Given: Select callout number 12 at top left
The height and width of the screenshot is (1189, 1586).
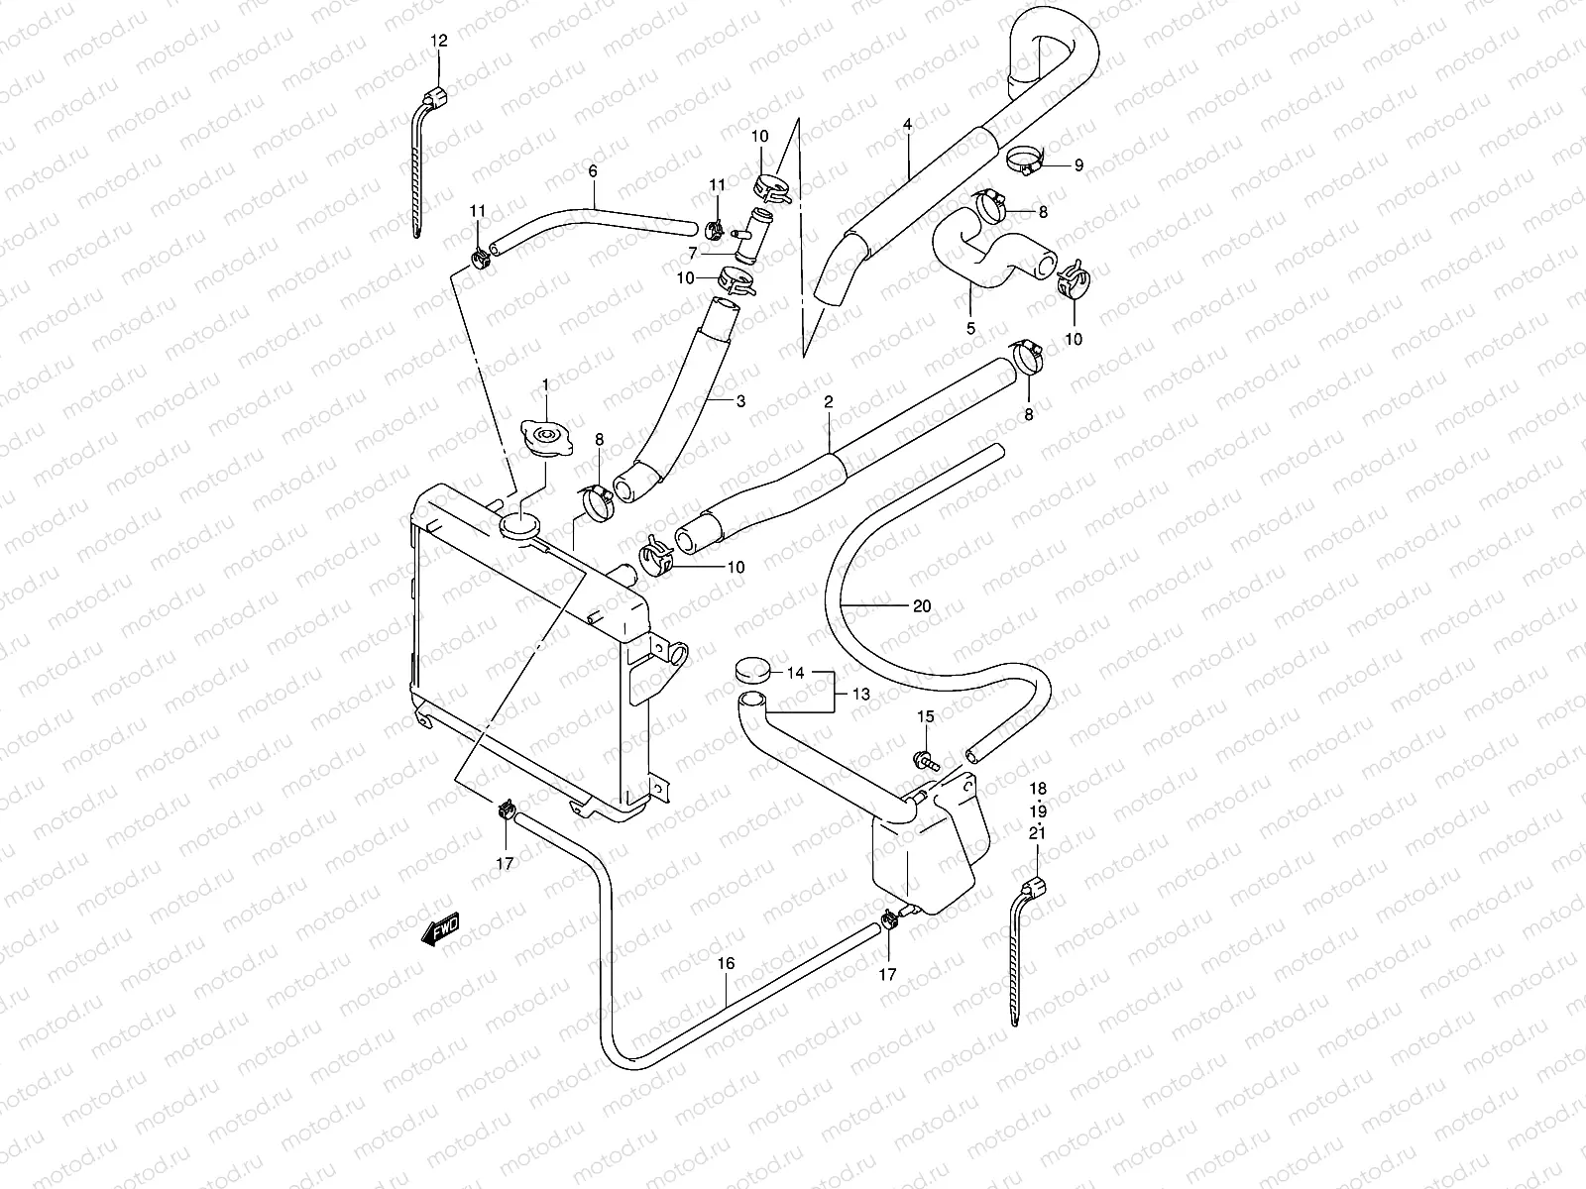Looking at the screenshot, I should click(439, 41).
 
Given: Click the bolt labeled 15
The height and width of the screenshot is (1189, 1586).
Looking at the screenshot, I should click(922, 760).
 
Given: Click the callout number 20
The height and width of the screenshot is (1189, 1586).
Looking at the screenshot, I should click(921, 605).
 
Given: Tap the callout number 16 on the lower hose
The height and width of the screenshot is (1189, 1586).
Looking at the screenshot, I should click(726, 963).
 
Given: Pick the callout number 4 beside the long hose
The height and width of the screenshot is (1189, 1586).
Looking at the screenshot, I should click(907, 125).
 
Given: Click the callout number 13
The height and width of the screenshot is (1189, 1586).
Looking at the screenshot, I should click(860, 695).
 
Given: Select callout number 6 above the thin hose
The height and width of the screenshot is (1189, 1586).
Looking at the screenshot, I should click(593, 170).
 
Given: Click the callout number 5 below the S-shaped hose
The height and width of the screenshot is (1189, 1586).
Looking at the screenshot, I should click(970, 328).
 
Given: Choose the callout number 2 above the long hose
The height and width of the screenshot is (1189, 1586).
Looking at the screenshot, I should click(829, 402).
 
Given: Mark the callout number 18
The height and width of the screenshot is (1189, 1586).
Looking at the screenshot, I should click(1038, 789).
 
